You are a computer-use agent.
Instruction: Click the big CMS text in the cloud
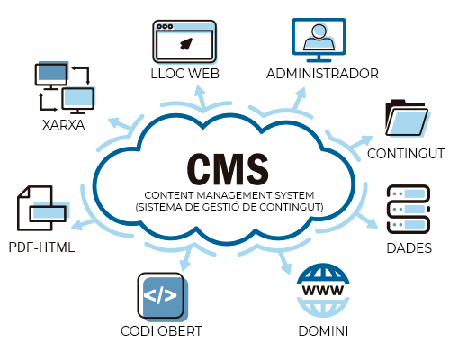(x=228, y=169)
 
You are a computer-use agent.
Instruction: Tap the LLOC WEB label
(x=184, y=74)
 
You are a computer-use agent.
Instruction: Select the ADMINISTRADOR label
(x=322, y=74)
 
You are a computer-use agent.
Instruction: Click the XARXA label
(x=63, y=125)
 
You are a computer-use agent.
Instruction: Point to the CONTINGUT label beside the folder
(x=406, y=154)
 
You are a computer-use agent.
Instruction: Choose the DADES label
(x=409, y=248)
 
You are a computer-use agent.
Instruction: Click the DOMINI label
(x=323, y=331)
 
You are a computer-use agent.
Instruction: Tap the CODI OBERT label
(x=161, y=331)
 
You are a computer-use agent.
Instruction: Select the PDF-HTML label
(x=41, y=247)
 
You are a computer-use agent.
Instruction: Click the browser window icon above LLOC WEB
(x=184, y=41)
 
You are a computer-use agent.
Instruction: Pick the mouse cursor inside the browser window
(x=186, y=44)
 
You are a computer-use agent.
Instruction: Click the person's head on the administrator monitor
(x=319, y=31)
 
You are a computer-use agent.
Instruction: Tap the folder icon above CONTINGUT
(x=408, y=118)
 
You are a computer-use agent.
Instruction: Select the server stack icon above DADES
(x=409, y=209)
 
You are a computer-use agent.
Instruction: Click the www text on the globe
(x=323, y=290)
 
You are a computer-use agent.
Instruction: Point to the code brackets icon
(x=160, y=295)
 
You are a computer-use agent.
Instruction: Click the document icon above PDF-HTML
(x=42, y=208)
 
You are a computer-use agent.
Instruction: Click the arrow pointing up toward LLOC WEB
(x=201, y=97)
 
